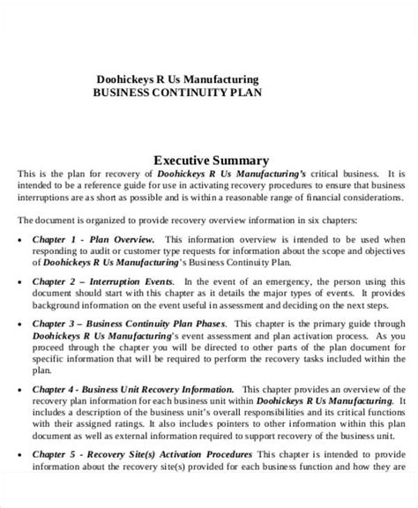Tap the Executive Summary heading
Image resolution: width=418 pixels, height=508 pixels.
click(211, 161)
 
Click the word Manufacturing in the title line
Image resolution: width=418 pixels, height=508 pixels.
click(222, 78)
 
